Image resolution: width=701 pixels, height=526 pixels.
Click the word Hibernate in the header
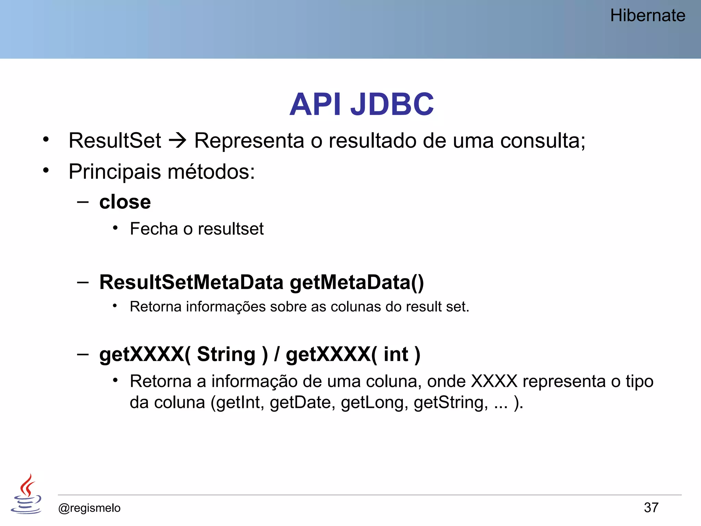pyautogui.click(x=647, y=16)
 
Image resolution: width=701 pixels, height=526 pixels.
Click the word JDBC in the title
pyautogui.click(x=392, y=104)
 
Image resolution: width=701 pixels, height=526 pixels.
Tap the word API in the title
pyautogui.click(x=315, y=104)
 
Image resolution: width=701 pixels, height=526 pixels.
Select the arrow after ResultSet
pyautogui.click(x=178, y=141)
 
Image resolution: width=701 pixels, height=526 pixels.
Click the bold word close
pyautogui.click(x=125, y=202)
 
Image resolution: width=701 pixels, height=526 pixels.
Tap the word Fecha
pyautogui.click(x=154, y=229)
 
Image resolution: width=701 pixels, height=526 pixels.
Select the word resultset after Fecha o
pyautogui.click(x=231, y=229)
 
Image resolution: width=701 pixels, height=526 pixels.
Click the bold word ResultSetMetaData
pyautogui.click(x=191, y=282)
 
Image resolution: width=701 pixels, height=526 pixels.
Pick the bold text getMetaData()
pyautogui.click(x=357, y=283)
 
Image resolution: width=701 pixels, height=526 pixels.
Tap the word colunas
pyautogui.click(x=356, y=307)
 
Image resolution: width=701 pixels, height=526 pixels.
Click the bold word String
pyautogui.click(x=226, y=354)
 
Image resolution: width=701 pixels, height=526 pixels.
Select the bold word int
pyautogui.click(x=396, y=354)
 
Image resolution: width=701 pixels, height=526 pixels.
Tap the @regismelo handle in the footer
pyautogui.click(x=89, y=508)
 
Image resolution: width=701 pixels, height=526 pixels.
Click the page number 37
pyautogui.click(x=651, y=508)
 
